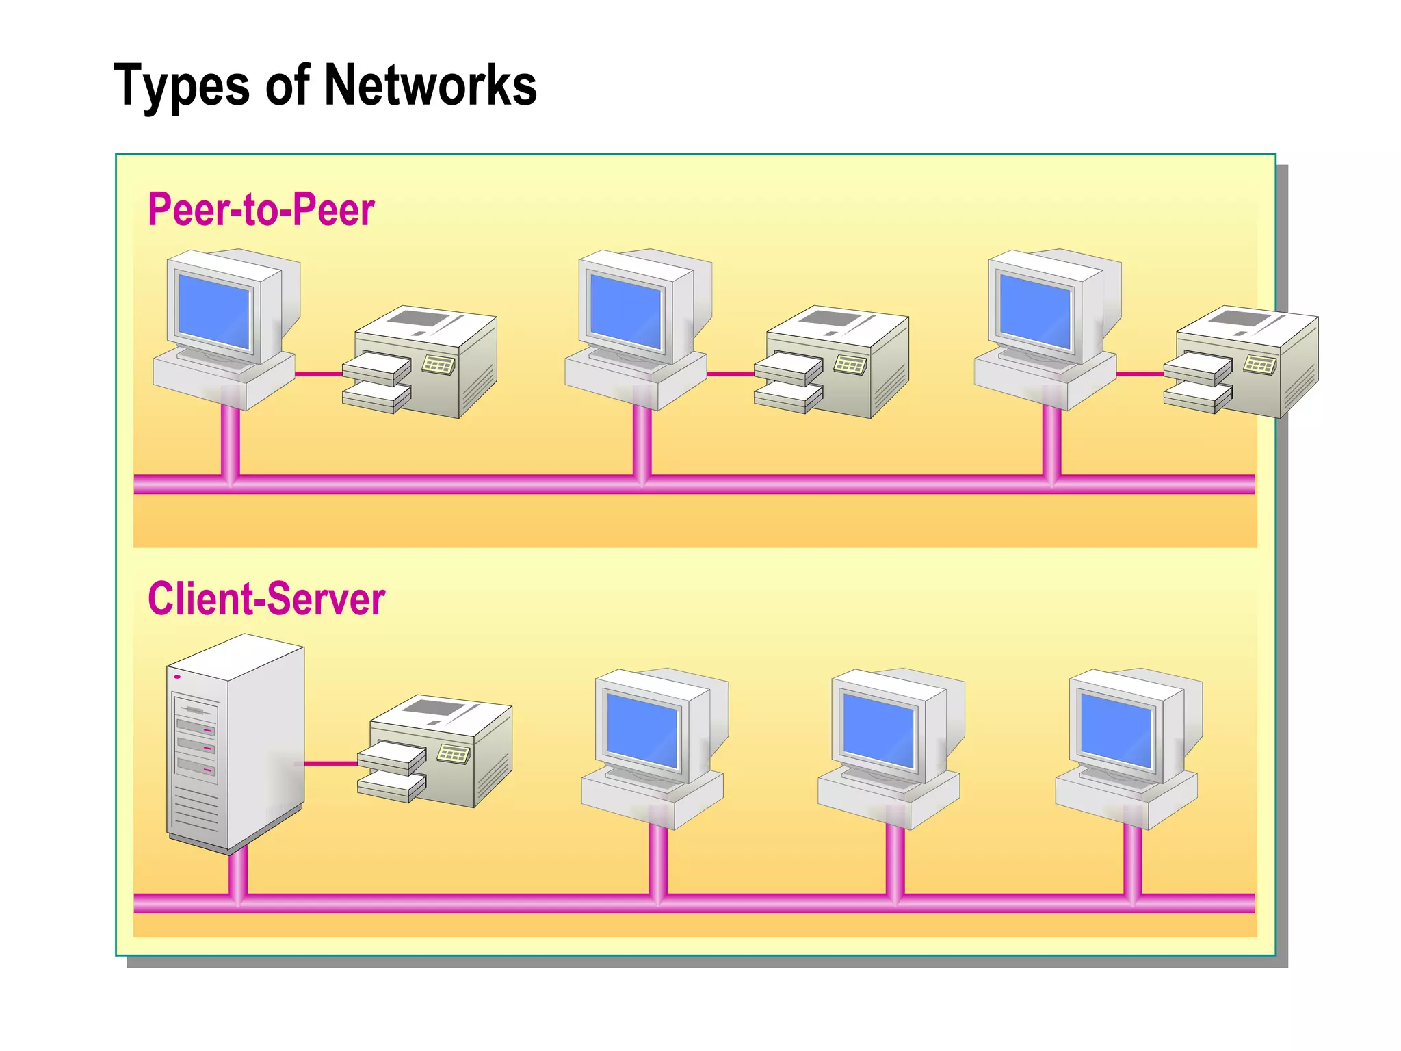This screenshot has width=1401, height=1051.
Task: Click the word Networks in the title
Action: pos(430,86)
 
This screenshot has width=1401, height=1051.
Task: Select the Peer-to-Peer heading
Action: pos(261,209)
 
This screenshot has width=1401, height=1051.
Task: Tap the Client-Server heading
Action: pos(266,599)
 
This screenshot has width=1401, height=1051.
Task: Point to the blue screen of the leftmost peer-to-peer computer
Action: pos(213,310)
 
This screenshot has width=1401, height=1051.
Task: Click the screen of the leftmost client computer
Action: pos(642,729)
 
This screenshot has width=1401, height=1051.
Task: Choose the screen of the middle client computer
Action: pos(878,729)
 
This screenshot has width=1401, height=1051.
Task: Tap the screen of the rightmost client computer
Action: pos(1116,729)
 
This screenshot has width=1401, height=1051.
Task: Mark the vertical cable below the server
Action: pos(237,872)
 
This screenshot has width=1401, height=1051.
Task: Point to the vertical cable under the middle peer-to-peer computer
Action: pos(642,441)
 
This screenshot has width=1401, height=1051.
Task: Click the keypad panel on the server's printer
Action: pos(453,754)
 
